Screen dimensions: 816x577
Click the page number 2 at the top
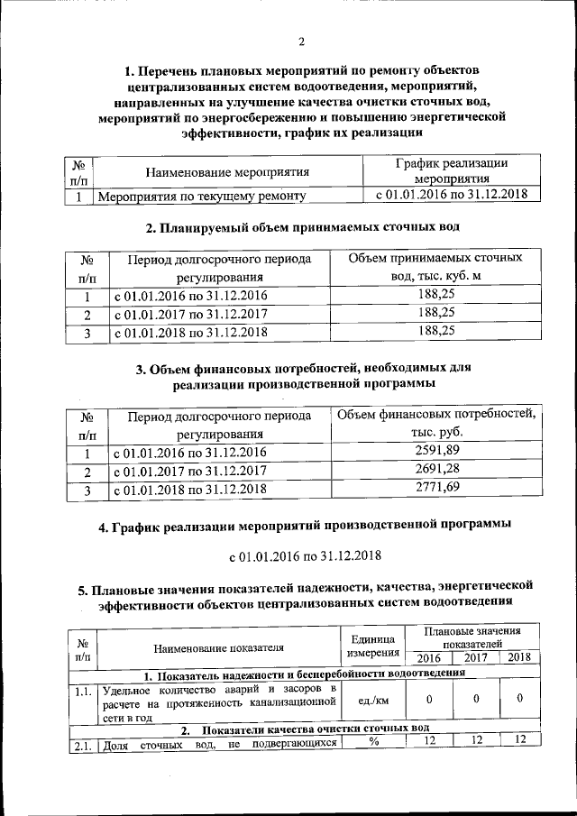click(x=302, y=41)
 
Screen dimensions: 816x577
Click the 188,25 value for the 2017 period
click(x=436, y=313)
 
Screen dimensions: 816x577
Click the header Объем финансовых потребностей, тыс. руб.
click(x=436, y=423)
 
